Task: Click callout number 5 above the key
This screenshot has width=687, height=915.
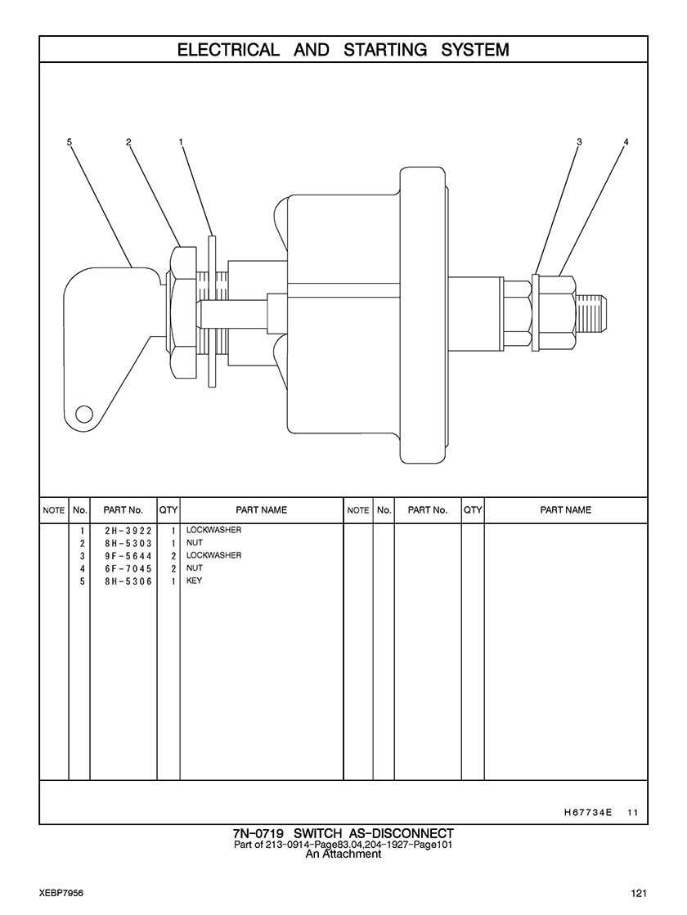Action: coord(70,142)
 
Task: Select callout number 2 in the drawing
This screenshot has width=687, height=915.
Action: coord(129,142)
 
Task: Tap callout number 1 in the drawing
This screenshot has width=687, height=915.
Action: coord(181,142)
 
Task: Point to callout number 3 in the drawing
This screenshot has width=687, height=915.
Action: coord(579,142)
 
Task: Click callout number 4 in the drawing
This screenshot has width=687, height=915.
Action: coord(626,142)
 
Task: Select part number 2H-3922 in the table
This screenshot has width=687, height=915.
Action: coord(123,531)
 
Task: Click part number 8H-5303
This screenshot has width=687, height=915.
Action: coord(123,544)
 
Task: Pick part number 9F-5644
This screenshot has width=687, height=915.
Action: coord(123,556)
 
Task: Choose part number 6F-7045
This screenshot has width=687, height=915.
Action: coord(123,568)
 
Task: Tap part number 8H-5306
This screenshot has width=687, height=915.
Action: coord(123,581)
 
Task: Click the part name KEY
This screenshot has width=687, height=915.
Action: coord(194,581)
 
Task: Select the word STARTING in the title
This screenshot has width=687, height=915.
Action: coord(385,50)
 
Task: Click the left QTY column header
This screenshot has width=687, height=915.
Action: coord(168,510)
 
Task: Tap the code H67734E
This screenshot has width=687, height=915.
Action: coord(588,813)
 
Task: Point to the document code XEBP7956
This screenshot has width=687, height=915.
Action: coord(61,893)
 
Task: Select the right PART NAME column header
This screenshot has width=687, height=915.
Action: coord(565,510)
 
